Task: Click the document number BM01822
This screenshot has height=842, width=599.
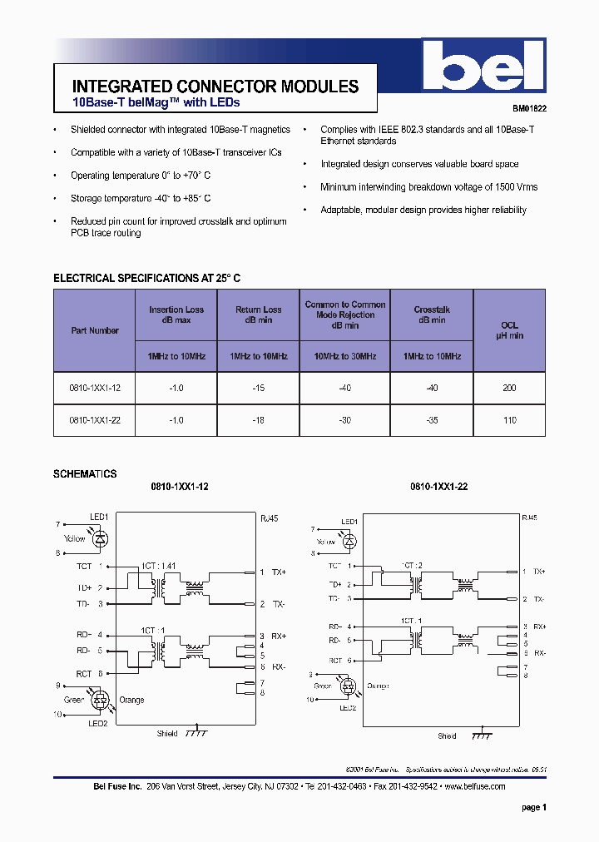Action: point(529,108)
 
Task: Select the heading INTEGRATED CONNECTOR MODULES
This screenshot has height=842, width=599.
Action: point(215,87)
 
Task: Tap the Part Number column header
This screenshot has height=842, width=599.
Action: point(95,330)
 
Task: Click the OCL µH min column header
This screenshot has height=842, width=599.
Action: point(509,330)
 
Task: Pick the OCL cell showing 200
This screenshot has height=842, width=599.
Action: point(509,389)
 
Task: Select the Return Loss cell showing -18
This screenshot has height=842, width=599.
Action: point(259,420)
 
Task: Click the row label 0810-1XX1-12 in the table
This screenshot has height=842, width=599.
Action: point(95,389)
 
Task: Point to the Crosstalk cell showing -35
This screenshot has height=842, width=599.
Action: point(432,420)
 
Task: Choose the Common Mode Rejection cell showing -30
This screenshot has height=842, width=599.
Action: point(345,420)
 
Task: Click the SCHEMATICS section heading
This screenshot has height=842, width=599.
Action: point(85,474)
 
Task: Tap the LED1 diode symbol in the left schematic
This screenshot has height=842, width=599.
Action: point(100,538)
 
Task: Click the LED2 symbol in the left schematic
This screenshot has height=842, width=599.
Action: point(101,701)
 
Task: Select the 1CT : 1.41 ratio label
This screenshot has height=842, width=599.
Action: point(158,566)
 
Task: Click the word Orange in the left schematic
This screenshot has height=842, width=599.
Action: point(131,700)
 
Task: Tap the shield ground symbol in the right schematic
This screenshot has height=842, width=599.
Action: point(481,736)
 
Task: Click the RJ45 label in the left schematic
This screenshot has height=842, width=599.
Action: point(270,518)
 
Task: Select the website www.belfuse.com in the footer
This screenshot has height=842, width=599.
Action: point(475,786)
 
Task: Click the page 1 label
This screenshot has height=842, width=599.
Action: point(533,807)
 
